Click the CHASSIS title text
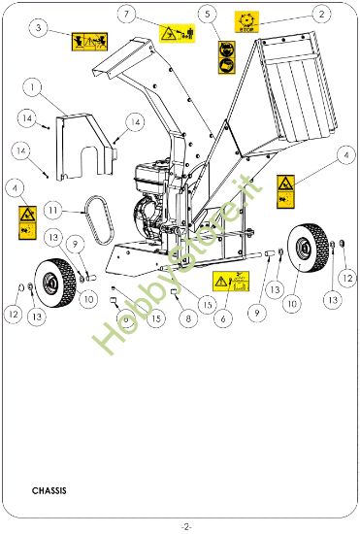point(49,491)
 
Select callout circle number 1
point(33,87)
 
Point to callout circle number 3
point(38,29)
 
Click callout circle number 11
point(54,209)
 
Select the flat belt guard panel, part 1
point(85,146)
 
